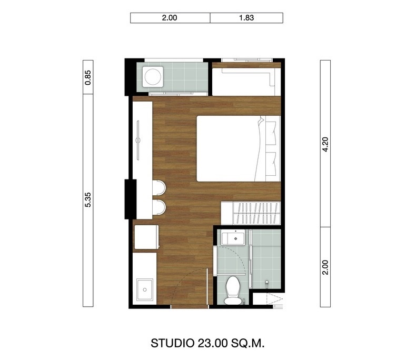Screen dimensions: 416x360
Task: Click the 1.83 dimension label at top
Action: click(x=246, y=18)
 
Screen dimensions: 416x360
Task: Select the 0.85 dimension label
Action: click(x=88, y=77)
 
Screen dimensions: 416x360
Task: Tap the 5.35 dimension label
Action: click(x=88, y=199)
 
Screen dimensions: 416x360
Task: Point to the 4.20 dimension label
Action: click(x=325, y=144)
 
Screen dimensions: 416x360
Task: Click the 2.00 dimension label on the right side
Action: click(x=325, y=267)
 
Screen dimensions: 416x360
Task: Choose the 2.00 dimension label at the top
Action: click(x=170, y=18)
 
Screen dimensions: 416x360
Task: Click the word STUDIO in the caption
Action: click(x=172, y=343)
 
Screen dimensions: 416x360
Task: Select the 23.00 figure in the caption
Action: click(x=212, y=343)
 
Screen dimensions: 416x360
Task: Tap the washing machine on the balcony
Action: click(x=153, y=77)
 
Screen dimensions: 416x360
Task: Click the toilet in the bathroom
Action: click(x=233, y=291)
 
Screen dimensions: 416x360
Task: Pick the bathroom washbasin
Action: click(x=233, y=238)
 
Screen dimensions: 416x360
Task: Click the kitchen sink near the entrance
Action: click(x=145, y=289)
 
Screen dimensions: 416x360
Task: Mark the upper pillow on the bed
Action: click(x=271, y=133)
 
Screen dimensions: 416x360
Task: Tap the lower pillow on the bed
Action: click(x=271, y=164)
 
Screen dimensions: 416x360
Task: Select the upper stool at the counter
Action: click(x=159, y=187)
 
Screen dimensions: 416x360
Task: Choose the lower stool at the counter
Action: click(x=159, y=207)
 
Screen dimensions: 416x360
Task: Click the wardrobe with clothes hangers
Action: click(x=251, y=213)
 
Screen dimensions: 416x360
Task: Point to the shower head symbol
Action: click(x=267, y=283)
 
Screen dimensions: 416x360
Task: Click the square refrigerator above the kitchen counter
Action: click(x=146, y=237)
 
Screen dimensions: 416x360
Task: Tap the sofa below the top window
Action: click(x=246, y=82)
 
